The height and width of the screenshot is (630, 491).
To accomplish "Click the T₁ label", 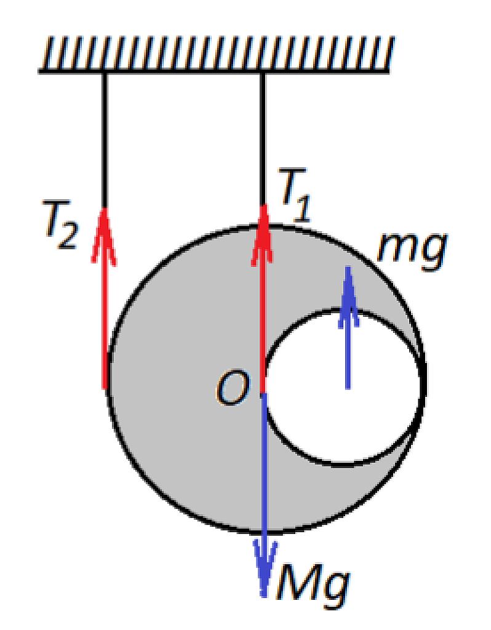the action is point(295,195).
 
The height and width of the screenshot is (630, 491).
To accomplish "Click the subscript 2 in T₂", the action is point(67,237).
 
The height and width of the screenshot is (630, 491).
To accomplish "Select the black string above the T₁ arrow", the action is point(263,139).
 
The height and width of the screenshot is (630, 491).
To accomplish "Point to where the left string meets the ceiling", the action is point(104,73).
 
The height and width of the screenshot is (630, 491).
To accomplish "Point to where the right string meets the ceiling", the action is point(263,73).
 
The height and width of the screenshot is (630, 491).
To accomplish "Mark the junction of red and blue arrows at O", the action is point(263,393).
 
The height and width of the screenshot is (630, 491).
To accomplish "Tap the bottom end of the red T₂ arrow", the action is point(105,388).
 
